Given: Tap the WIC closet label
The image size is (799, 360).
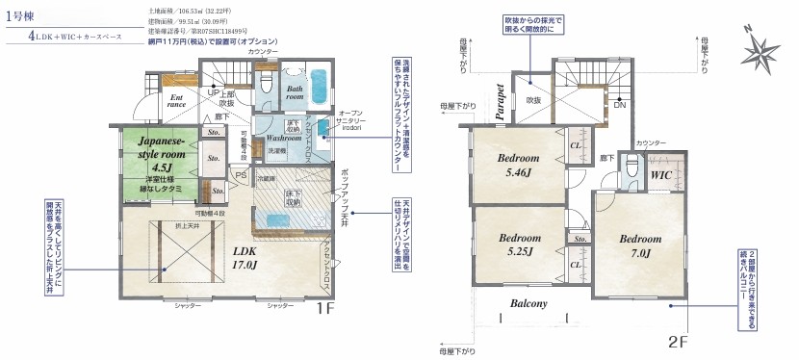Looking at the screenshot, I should (x=660, y=176).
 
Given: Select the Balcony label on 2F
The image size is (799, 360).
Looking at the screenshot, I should (x=528, y=304).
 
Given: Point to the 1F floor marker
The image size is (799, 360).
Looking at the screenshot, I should (x=325, y=309).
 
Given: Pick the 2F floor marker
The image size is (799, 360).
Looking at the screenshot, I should (x=680, y=340).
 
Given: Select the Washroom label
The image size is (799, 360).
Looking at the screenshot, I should (x=285, y=138).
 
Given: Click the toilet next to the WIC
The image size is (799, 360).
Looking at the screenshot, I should (x=631, y=171).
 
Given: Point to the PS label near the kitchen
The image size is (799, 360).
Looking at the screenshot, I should (x=241, y=175).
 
